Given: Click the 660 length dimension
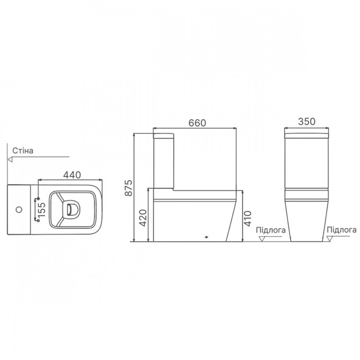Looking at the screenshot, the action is pos(197,123).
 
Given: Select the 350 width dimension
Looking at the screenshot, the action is pos(307,122).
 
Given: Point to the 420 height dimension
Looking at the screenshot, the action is pos(143,218).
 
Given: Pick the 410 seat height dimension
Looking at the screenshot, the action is pos(248,219).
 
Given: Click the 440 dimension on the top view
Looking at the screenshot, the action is pos(72,175).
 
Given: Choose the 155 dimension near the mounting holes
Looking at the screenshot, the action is pos(42,210).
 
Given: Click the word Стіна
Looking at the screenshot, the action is pos(23,151).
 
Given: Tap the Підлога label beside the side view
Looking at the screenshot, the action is pos(271,230).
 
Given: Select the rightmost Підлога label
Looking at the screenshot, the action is pos(342,230).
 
